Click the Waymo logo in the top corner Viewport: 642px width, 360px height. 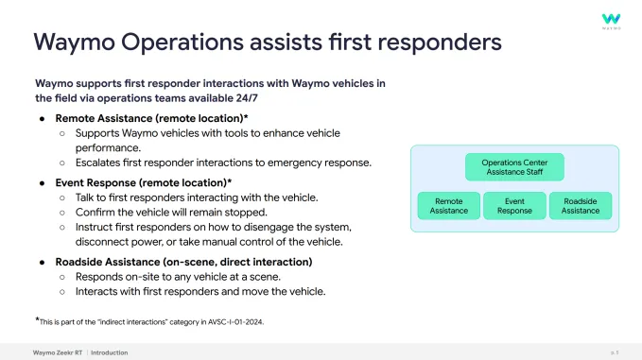click(x=612, y=20)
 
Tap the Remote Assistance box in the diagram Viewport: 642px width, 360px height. click(x=448, y=206)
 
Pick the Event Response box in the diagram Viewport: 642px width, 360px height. click(x=513, y=206)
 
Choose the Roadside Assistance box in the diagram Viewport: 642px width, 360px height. click(x=580, y=206)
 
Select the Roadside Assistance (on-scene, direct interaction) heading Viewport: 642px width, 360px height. click(x=183, y=261)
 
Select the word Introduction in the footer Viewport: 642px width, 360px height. click(x=110, y=352)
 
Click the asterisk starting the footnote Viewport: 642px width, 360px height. click(x=38, y=319)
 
